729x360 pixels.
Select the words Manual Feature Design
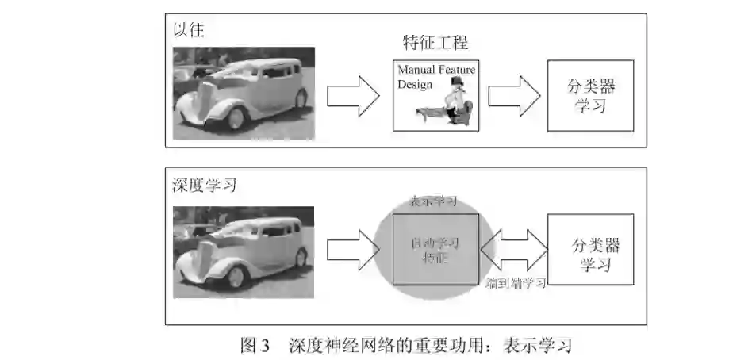tap(435, 76)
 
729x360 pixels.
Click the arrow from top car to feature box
tap(354, 95)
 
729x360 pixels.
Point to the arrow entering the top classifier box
tap(514, 95)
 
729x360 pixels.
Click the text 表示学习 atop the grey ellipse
tap(433, 202)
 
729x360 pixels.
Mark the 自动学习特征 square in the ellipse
tap(435, 248)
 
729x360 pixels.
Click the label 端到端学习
tap(516, 281)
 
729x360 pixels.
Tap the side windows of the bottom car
tap(270, 231)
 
